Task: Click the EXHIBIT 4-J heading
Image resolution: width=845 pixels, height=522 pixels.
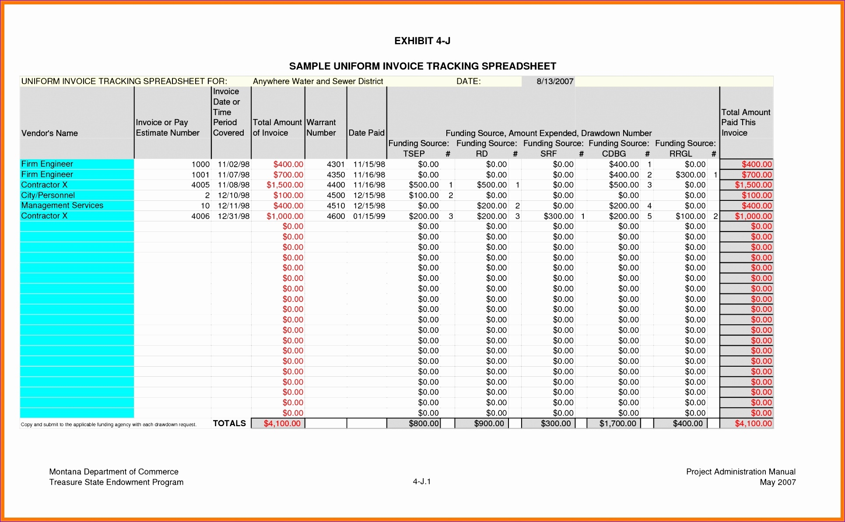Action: click(x=422, y=41)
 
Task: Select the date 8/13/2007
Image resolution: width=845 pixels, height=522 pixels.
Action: click(x=554, y=81)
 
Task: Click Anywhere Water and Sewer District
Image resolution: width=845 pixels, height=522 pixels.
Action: click(x=318, y=81)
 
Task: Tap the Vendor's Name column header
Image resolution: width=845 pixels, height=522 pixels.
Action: click(x=49, y=133)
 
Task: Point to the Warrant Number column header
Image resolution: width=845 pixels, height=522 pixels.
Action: click(x=321, y=128)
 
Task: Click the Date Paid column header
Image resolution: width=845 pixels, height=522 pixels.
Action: click(x=366, y=133)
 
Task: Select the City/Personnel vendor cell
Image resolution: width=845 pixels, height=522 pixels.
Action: click(x=48, y=195)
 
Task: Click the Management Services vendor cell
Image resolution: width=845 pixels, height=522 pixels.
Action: click(x=62, y=206)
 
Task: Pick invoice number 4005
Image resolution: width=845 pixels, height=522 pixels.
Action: click(x=200, y=185)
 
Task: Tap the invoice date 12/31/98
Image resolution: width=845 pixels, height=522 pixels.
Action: click(x=234, y=216)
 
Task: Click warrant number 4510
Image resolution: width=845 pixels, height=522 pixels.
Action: click(x=336, y=206)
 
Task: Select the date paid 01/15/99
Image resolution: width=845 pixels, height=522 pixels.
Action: click(x=369, y=216)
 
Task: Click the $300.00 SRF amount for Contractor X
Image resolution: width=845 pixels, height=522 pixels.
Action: click(x=558, y=216)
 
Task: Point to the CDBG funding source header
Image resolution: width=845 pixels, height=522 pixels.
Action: click(x=614, y=154)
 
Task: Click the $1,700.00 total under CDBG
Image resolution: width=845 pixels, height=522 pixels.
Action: click(x=617, y=424)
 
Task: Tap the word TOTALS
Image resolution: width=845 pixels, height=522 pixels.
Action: click(x=229, y=423)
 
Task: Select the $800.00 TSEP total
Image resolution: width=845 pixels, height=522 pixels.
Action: click(x=424, y=424)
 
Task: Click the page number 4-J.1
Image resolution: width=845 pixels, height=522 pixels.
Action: click(x=422, y=482)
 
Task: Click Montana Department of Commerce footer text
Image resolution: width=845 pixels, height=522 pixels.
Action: click(x=114, y=472)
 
